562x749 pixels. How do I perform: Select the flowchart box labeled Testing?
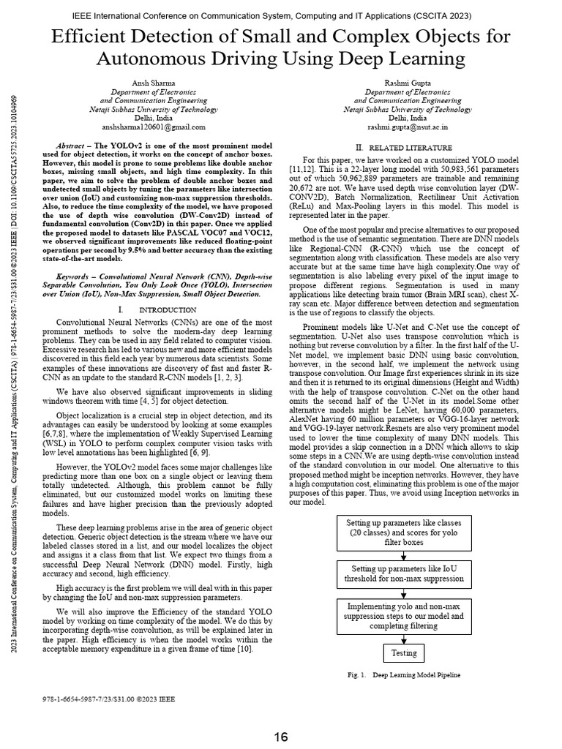403,653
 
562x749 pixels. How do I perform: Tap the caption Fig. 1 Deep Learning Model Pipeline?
404,676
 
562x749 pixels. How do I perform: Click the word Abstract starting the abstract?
78,146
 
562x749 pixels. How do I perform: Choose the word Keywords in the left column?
77,278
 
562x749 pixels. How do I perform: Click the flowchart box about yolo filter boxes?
403,532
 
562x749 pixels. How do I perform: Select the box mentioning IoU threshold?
403,573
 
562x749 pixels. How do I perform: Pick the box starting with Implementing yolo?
403,617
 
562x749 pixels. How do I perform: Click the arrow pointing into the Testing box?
403,639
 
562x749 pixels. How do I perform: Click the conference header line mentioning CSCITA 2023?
281,15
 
